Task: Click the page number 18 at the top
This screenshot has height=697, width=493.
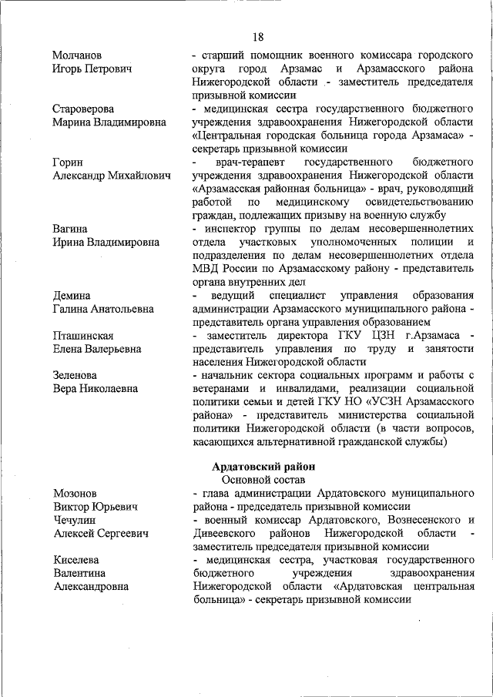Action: coord(257,36)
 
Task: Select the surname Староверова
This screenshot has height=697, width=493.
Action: coord(84,109)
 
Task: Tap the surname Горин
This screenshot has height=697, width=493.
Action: coord(69,162)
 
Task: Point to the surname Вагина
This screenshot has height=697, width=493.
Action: coord(71,229)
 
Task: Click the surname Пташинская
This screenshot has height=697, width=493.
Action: coord(84,336)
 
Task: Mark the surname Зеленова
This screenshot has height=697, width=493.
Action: coord(75,375)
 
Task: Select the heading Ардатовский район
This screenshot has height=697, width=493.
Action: coord(263,467)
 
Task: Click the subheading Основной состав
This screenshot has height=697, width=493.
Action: coord(263,480)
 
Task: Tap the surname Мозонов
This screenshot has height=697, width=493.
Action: coord(75,494)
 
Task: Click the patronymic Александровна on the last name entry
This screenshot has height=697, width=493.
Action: coord(91,587)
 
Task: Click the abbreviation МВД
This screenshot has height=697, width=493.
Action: coord(208,269)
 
